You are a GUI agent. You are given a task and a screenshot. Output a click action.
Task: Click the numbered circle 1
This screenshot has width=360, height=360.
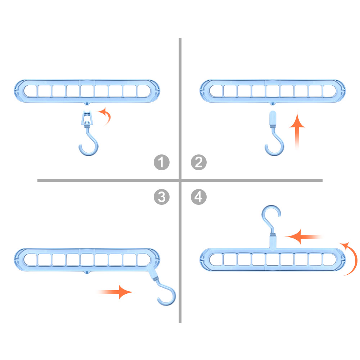click(x=162, y=162)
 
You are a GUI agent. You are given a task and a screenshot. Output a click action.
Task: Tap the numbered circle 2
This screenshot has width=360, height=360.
click(x=199, y=162)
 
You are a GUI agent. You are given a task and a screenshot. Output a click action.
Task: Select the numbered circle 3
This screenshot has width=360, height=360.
click(x=162, y=197)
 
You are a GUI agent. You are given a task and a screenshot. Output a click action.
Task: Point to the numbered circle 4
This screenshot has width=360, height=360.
click(x=199, y=197)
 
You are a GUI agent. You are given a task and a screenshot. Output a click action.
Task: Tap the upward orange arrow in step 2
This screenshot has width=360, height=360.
click(x=297, y=131)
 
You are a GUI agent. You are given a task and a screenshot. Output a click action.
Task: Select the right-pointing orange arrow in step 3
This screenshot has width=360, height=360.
click(x=116, y=292)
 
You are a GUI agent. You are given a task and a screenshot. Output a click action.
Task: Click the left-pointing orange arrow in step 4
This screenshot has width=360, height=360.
click(x=303, y=237)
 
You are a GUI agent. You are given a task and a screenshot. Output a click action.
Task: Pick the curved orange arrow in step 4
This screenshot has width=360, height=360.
click(x=355, y=258)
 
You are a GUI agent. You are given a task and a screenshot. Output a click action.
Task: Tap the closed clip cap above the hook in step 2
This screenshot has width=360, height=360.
click(x=273, y=118)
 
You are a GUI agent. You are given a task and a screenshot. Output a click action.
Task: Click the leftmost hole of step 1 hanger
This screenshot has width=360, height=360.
click(x=30, y=91)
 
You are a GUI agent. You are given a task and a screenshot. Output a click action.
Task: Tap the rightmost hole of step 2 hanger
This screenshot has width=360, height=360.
click(x=329, y=91)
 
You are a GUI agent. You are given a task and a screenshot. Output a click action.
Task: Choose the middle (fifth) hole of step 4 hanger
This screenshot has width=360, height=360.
click(x=273, y=260)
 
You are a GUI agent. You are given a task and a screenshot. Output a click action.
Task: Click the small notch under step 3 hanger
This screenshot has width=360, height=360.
click(x=86, y=272)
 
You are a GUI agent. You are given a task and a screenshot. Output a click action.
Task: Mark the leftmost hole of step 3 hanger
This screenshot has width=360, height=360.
click(x=30, y=260)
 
